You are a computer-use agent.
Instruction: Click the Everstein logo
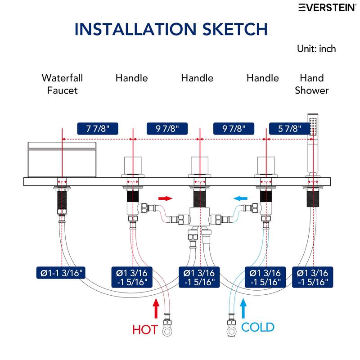click(x=328, y=7)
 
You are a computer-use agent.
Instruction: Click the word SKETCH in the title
click(x=235, y=29)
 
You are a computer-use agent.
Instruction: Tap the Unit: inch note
click(x=316, y=49)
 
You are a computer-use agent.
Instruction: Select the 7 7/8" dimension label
click(x=98, y=129)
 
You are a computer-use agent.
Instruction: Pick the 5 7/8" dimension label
click(x=289, y=129)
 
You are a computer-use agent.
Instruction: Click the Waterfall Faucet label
click(x=62, y=84)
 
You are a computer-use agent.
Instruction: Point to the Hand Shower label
click(x=312, y=84)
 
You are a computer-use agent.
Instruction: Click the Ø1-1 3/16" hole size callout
click(x=61, y=273)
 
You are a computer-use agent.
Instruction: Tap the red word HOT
click(x=145, y=330)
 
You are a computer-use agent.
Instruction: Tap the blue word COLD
click(x=258, y=327)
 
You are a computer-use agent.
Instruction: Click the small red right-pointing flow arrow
click(x=165, y=198)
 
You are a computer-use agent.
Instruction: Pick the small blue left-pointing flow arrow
click(x=240, y=198)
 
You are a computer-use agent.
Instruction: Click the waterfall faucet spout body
click(x=62, y=160)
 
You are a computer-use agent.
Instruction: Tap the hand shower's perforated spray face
click(x=313, y=127)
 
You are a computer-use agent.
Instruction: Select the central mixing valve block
click(x=200, y=217)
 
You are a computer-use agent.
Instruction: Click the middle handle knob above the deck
click(x=200, y=165)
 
